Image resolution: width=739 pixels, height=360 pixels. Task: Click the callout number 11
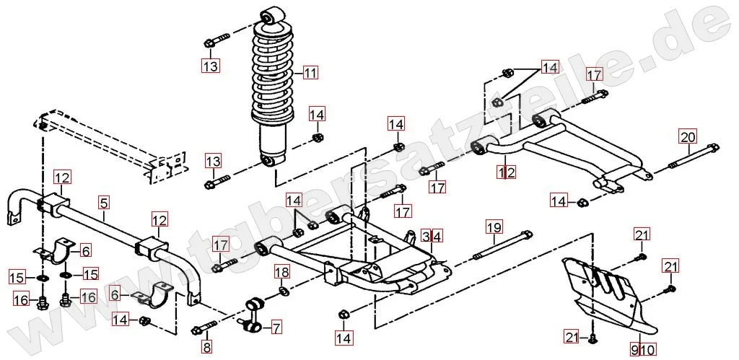pos(310,72)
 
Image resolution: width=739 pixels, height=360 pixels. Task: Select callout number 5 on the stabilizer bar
pos(104,204)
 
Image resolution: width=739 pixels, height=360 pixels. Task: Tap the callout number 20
pos(687,136)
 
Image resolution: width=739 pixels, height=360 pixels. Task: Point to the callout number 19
pos(493,228)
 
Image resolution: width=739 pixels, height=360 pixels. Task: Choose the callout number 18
pos(281,272)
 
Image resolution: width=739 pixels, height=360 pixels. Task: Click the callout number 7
pos(276,328)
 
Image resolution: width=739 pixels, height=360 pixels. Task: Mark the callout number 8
pos(207,348)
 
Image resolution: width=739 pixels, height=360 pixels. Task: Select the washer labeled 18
pos(283,290)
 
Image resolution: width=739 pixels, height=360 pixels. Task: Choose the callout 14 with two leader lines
pos(551,67)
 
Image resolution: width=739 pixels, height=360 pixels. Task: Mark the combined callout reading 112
pos(506,172)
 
